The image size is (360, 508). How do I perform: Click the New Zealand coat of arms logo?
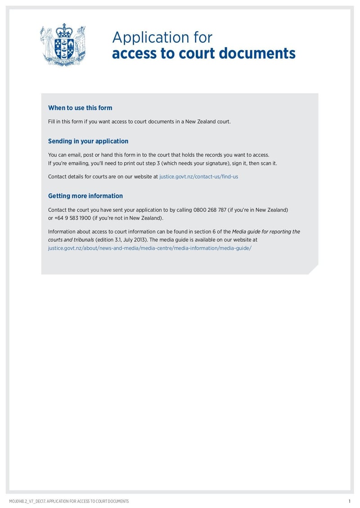pos(63,45)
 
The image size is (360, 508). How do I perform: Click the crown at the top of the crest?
pos(63,31)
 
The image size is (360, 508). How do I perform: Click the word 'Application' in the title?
pos(148,38)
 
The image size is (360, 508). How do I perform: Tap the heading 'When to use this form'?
pos(80,108)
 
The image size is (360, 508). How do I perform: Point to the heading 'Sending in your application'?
pos(88,141)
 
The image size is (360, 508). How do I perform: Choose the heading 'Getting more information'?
pos(85,196)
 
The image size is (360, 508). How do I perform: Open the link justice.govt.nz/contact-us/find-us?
pos(198,177)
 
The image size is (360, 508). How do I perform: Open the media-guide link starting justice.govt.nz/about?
pos(149,248)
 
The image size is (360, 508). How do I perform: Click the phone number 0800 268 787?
pos(210,210)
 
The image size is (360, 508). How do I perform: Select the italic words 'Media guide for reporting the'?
pos(266,232)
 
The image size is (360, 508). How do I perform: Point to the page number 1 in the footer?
pos(349,501)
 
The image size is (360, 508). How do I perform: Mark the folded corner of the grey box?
pos(313,269)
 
